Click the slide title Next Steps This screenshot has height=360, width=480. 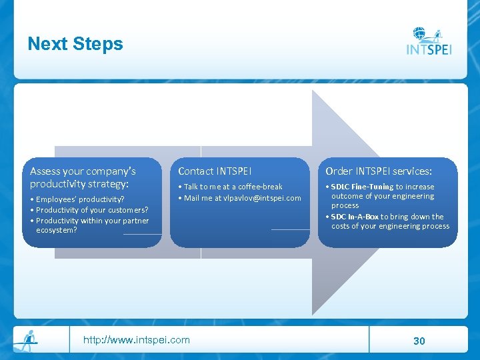tap(75, 44)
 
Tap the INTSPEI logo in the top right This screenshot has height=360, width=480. tap(429, 41)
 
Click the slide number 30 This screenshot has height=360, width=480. tap(419, 341)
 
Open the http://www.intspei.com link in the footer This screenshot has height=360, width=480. tap(136, 340)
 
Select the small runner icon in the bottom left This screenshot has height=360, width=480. tap(27, 341)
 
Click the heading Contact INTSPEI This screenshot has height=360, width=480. tap(215, 171)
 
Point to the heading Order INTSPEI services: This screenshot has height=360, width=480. tap(379, 171)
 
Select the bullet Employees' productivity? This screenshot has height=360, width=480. tap(80, 199)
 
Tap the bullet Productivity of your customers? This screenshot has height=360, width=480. tap(92, 210)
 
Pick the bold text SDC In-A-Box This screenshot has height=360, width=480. tap(355, 217)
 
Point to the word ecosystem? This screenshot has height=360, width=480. tap(57, 230)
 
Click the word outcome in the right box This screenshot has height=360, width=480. tap(346, 196)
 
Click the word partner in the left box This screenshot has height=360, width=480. tap(135, 221)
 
